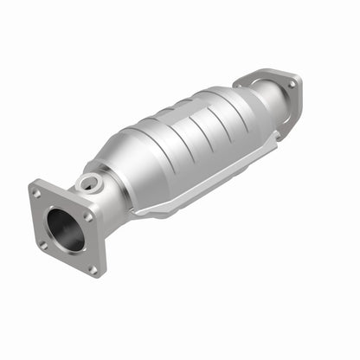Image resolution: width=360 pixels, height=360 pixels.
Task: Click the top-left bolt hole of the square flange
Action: pyautogui.click(x=36, y=194)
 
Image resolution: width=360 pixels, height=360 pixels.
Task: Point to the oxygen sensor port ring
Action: pyautogui.click(x=89, y=183)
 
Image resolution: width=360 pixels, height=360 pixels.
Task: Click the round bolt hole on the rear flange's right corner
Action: pyautogui.click(x=292, y=85)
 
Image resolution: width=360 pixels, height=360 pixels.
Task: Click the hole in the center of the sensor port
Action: pyautogui.click(x=88, y=183)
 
